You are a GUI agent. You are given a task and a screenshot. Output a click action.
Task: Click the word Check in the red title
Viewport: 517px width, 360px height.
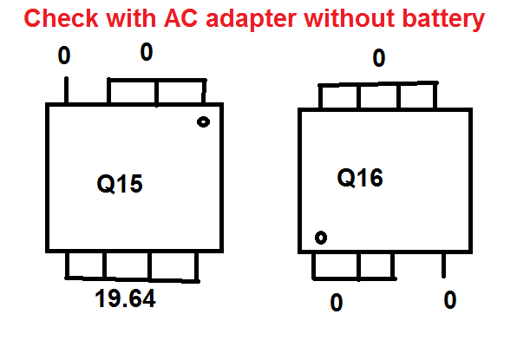pyautogui.click(x=62, y=18)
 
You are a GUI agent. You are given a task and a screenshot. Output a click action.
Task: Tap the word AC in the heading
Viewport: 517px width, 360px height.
pyautogui.click(x=180, y=18)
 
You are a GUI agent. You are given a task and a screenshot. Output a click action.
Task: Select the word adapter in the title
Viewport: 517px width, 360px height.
pyautogui.click(x=252, y=20)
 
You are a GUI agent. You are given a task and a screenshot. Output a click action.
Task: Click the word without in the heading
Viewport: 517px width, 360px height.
pyautogui.click(x=350, y=18)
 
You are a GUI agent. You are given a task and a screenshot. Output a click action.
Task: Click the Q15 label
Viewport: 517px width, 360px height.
pyautogui.click(x=120, y=184)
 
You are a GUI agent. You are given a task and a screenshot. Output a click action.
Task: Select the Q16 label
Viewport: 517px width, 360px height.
pyautogui.click(x=360, y=178)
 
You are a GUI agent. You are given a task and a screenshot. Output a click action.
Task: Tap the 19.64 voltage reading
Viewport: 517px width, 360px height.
pyautogui.click(x=125, y=298)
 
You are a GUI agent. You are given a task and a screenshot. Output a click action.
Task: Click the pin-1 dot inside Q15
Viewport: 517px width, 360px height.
pyautogui.click(x=203, y=122)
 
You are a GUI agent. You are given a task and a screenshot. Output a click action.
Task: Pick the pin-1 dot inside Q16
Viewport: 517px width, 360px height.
pyautogui.click(x=321, y=238)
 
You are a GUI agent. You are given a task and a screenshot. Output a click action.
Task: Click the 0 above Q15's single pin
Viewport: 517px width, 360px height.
pyautogui.click(x=64, y=55)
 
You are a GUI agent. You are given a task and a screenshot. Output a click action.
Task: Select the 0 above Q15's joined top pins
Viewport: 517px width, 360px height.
pyautogui.click(x=147, y=52)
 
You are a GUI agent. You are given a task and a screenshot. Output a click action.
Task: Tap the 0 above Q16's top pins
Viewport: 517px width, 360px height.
pyautogui.click(x=379, y=58)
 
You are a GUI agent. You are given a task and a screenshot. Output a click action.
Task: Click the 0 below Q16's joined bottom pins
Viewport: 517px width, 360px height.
pyautogui.click(x=337, y=302)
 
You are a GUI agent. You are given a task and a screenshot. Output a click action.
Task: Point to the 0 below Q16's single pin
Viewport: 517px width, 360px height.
pyautogui.click(x=450, y=299)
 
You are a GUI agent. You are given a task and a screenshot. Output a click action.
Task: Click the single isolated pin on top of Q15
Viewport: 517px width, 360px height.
pyautogui.click(x=66, y=90)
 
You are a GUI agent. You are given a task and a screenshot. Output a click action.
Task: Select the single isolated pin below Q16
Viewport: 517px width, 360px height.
pyautogui.click(x=444, y=265)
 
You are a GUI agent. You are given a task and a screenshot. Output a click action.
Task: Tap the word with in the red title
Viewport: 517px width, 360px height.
pyautogui.click(x=131, y=18)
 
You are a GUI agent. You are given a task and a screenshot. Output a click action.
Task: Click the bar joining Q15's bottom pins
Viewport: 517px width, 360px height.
pyautogui.click(x=132, y=279)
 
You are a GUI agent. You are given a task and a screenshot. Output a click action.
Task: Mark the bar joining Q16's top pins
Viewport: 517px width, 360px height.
pyautogui.click(x=378, y=84)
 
